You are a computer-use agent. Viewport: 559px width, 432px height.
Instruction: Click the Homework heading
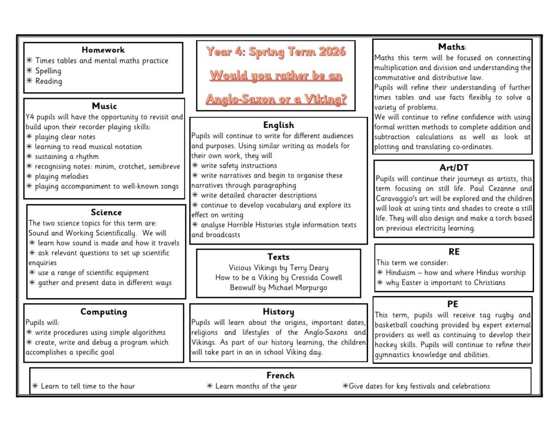tap(103, 50)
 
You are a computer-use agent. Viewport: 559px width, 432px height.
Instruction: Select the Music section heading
tap(104, 106)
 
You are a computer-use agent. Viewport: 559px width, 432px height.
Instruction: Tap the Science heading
tap(106, 212)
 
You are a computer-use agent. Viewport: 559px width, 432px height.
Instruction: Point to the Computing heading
tap(103, 312)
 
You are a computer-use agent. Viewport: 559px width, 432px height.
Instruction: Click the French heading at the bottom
tap(280, 375)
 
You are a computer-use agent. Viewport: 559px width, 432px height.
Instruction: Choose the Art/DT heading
tap(454, 167)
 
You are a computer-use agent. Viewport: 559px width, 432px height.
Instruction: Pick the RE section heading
tap(454, 252)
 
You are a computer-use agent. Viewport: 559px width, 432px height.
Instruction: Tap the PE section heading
tap(453, 304)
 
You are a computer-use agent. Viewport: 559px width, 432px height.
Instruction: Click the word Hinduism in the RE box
tap(403, 273)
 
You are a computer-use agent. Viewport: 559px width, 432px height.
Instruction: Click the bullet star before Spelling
tap(29, 71)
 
